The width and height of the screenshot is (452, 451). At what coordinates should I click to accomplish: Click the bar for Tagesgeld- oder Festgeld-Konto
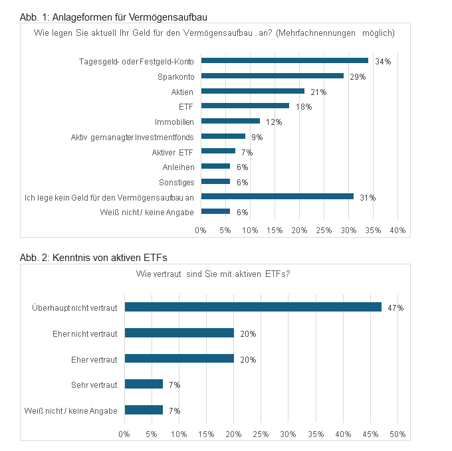point(284,60)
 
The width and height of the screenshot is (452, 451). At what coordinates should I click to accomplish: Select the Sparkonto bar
point(273,76)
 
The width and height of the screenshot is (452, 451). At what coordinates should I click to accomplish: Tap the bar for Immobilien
point(230,121)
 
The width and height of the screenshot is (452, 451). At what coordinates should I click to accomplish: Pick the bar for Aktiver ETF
point(218,151)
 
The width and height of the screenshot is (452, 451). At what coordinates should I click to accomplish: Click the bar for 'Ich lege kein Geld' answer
point(277,196)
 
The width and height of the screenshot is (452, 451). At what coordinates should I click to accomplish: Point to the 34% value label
point(383,61)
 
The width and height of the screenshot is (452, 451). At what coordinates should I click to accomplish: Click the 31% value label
point(368,197)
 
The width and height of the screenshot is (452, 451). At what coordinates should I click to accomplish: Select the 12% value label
point(274,122)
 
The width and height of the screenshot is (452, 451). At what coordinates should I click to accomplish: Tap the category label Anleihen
point(178,166)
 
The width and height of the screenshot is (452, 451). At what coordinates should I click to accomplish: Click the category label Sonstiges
point(176,181)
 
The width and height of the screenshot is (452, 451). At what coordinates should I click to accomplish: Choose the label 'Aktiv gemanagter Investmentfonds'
point(132,136)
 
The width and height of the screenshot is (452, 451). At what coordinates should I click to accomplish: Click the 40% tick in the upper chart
point(397,230)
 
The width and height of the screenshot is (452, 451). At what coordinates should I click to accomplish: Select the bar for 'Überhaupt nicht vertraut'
point(253,307)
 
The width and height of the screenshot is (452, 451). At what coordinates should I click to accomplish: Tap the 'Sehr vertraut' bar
point(144,384)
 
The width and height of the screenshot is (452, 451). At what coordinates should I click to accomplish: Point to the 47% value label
point(396,308)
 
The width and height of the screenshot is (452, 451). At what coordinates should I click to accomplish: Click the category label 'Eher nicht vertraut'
point(84,333)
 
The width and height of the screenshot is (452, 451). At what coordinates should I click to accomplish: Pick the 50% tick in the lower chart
point(397,434)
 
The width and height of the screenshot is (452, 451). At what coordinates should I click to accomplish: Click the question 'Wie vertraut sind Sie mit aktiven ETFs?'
point(212,274)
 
